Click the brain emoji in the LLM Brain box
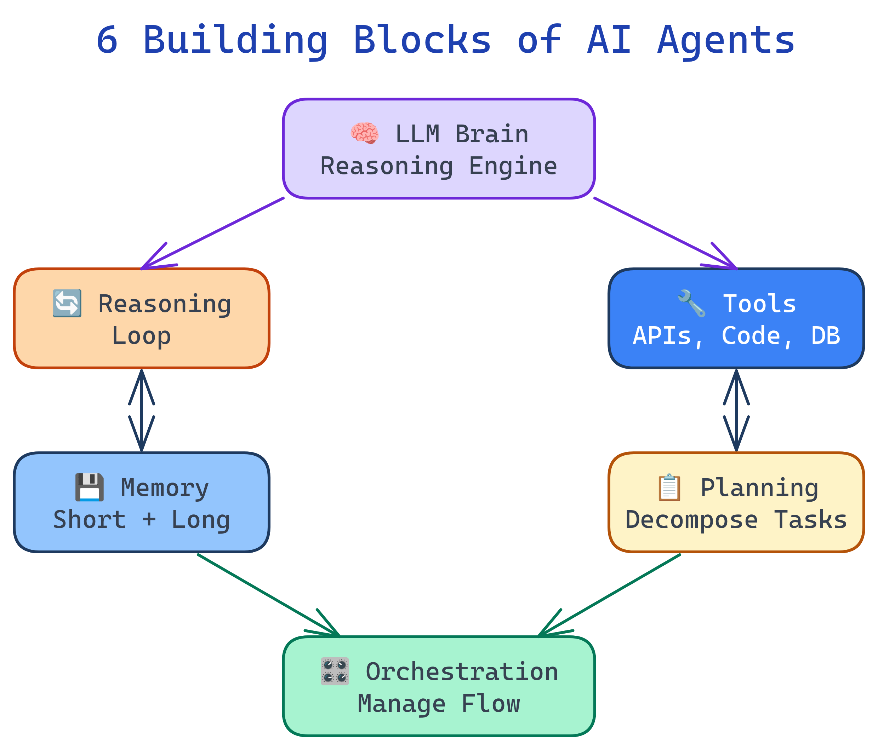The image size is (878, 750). click(x=364, y=133)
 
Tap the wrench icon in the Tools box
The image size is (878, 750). click(x=691, y=303)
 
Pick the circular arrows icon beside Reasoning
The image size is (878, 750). click(x=67, y=303)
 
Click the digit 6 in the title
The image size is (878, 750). click(x=107, y=40)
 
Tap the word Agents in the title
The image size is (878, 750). click(x=726, y=40)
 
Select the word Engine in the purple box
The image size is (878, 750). click(x=513, y=166)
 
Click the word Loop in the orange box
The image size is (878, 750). click(x=141, y=335)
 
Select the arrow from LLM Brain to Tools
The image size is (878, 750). click(x=665, y=233)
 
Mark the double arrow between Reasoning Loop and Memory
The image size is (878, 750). click(x=142, y=410)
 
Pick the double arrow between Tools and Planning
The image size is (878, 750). click(x=736, y=410)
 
